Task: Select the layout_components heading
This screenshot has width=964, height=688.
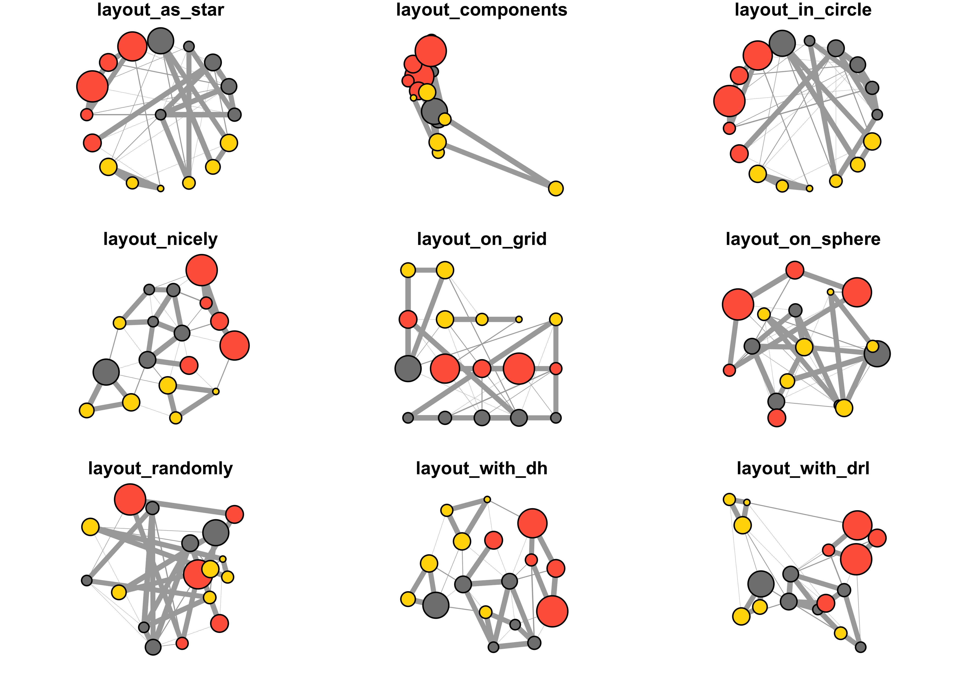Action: (482, 10)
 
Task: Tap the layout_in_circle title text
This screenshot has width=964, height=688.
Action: (803, 10)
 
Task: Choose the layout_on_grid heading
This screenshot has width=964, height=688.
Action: (482, 239)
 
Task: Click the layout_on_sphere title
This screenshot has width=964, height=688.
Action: (803, 239)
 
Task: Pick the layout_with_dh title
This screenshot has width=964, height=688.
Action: (482, 469)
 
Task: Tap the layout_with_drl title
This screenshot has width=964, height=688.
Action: (803, 469)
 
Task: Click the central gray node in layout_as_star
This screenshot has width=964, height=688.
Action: (160, 114)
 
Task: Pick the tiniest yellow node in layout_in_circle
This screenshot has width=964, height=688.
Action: (809, 189)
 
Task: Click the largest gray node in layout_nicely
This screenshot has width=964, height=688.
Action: (106, 372)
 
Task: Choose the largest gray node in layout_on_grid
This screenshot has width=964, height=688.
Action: (408, 369)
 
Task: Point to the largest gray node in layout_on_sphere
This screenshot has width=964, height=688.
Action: (877, 354)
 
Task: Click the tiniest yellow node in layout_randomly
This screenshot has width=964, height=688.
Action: (223, 559)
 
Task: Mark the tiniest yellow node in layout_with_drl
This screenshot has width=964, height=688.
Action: (747, 502)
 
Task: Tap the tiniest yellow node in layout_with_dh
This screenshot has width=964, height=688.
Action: (487, 499)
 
